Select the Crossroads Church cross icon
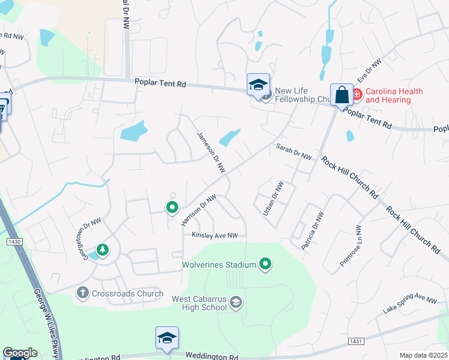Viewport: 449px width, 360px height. (x=83, y=293)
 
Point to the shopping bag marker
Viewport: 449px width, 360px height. (x=342, y=95)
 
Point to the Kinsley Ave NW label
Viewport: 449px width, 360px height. (x=215, y=235)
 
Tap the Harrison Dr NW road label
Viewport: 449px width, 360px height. (x=198, y=210)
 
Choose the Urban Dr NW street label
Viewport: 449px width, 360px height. (x=273, y=198)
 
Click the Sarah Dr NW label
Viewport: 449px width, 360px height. (x=294, y=152)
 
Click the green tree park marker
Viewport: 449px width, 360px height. (x=103, y=249)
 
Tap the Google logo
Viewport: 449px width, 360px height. (x=20, y=353)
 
